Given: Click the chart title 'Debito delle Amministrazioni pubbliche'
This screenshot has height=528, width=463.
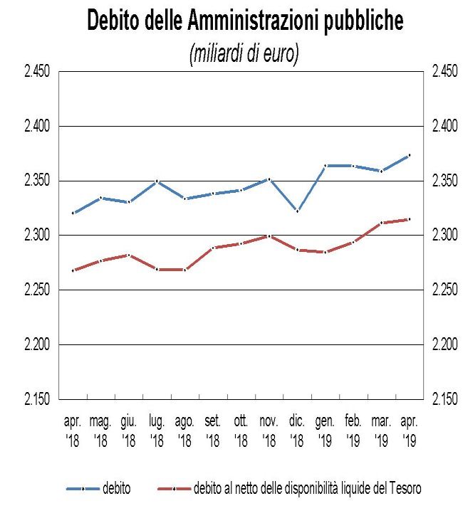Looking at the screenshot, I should point(244,21).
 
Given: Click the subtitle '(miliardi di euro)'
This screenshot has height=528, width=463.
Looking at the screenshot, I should point(244,55).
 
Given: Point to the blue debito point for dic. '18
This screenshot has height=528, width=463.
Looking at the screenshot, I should point(297,211).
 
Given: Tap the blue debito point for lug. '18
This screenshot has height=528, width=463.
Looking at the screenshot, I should point(157,181).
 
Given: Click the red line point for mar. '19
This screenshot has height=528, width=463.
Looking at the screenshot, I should point(381,223).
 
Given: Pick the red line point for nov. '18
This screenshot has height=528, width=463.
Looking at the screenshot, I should point(269,236).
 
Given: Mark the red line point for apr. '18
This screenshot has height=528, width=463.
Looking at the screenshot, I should point(73,270).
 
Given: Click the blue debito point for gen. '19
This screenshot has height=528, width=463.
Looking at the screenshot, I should point(325,166).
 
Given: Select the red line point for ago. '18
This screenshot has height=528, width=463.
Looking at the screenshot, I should point(185,270).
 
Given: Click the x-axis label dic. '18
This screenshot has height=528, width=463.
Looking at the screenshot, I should point(297,431).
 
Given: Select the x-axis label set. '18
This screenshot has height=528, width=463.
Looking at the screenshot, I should point(213,431).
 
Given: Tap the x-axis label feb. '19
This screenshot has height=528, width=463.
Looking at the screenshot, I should point(353,431).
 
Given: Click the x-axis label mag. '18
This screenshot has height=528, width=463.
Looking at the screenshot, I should point(101,431).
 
